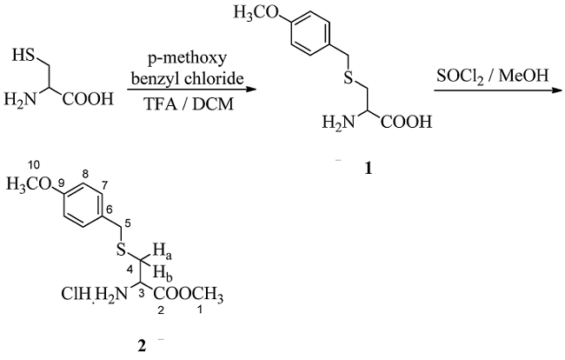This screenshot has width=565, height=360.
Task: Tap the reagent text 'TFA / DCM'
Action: coord(189,101)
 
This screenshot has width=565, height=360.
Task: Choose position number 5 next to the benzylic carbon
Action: coord(127,224)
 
